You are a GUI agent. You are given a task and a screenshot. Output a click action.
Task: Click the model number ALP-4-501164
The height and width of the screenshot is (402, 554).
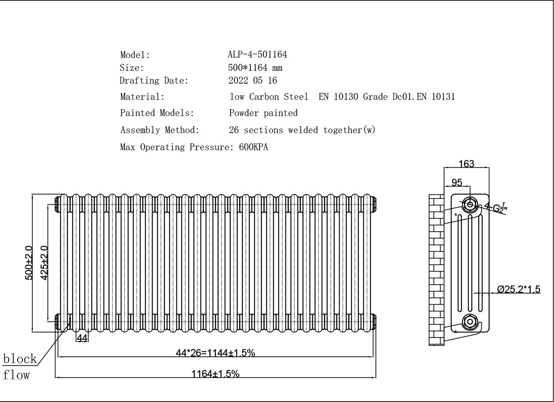pos(257,55)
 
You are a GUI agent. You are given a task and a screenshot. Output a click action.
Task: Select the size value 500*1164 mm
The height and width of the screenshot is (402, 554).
pos(255,67)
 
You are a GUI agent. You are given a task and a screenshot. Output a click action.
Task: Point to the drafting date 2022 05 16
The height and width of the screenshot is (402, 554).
pos(253,80)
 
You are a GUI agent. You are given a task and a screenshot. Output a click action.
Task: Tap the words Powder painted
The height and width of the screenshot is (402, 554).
pos(263,113)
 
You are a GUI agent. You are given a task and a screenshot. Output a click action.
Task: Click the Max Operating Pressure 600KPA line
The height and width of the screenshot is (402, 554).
pos(194,147)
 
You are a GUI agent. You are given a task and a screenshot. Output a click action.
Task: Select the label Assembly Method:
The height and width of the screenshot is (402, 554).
pos(159,130)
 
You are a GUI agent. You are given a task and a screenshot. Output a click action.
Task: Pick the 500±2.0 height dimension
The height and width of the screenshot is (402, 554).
pos(29,263)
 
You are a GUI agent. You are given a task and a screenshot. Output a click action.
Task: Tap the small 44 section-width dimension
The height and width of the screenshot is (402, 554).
pos(82,338)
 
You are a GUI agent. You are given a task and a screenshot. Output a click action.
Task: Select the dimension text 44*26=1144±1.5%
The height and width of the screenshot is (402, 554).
pos(215,352)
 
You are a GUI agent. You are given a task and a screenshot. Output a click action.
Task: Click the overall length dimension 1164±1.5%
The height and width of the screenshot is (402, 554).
pos(215,374)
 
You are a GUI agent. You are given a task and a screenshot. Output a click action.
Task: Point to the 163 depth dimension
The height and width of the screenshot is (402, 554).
pos(466,164)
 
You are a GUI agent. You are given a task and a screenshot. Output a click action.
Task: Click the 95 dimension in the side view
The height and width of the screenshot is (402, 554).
pos(456,183)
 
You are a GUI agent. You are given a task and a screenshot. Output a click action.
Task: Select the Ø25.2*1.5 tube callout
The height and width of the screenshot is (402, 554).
pos(518,289)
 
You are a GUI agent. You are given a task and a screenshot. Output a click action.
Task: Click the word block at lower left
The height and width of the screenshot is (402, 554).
pos(20,358)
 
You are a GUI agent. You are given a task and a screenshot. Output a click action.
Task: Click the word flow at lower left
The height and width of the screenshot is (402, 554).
pos(17,375)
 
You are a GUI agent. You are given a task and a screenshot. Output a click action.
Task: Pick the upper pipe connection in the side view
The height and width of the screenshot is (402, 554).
pos(470,204)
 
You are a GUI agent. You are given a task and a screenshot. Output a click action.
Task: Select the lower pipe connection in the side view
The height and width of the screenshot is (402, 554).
pos(470,321)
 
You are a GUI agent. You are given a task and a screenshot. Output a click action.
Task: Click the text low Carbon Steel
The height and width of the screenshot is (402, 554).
pos(268,97)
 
